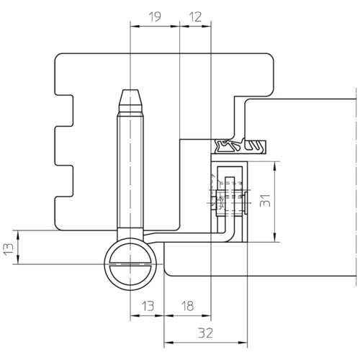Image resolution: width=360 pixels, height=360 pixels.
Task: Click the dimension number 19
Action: pyautogui.click(x=155, y=17)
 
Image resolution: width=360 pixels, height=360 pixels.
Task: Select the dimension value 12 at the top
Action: pyautogui.click(x=195, y=17)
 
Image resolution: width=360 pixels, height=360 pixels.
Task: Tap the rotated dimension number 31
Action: pyautogui.click(x=265, y=201)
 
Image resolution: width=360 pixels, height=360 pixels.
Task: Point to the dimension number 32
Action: pyautogui.click(x=205, y=333)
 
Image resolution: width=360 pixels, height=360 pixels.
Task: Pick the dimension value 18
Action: pyautogui.click(x=187, y=306)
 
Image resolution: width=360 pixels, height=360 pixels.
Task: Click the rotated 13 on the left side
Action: pyautogui.click(x=9, y=249)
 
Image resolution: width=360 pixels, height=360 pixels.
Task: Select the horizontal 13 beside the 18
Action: pyautogui.click(x=148, y=306)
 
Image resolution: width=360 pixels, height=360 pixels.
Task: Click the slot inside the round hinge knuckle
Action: pyautogui.click(x=130, y=264)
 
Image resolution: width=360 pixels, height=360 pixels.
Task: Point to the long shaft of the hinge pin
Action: pyautogui.click(x=130, y=171)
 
